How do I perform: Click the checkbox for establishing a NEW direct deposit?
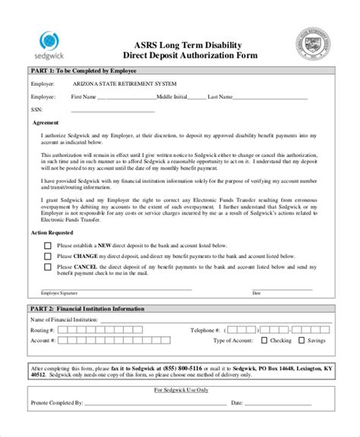coord(48,246)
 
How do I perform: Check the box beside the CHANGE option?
coord(48,256)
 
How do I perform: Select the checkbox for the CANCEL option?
coord(48,267)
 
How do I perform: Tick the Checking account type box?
coord(263,341)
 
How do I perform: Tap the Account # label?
coord(43,341)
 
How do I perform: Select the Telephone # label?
coord(207,330)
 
